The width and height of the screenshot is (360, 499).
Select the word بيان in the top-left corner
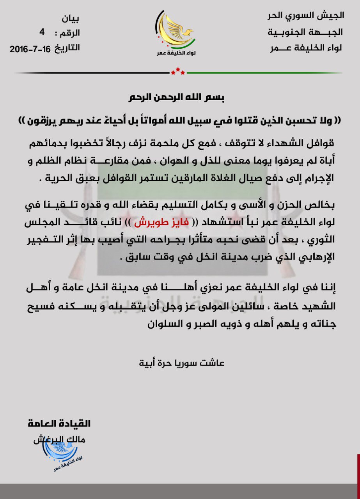point(71,19)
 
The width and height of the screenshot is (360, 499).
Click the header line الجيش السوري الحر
point(305,16)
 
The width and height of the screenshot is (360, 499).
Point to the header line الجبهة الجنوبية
point(305,33)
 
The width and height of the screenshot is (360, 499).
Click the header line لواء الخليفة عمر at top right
point(305,49)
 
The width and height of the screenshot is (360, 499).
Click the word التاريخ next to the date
point(67,48)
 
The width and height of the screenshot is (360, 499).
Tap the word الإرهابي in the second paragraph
point(317,260)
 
